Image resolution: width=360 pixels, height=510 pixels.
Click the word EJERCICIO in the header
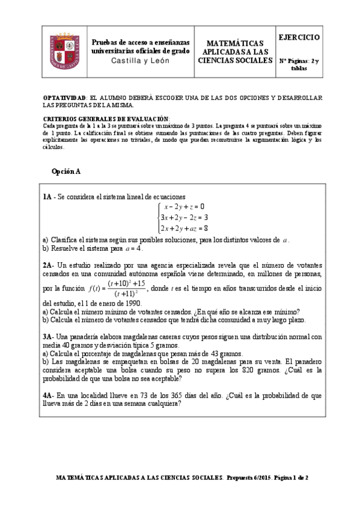tap(299, 37)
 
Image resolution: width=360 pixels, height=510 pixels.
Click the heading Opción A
tap(66, 171)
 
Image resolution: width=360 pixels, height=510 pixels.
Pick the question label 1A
tap(48, 197)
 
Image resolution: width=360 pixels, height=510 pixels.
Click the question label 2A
tap(49, 265)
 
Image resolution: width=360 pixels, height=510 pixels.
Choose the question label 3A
tap(49, 337)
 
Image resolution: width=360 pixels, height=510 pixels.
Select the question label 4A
tap(49, 396)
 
